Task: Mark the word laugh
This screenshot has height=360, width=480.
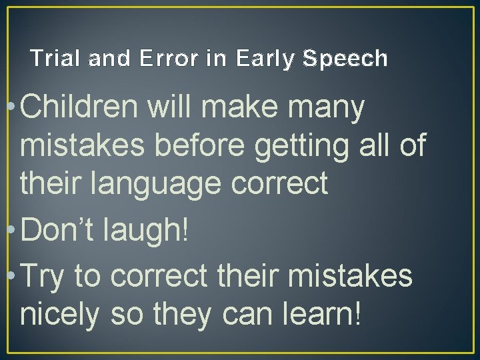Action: (145, 232)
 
